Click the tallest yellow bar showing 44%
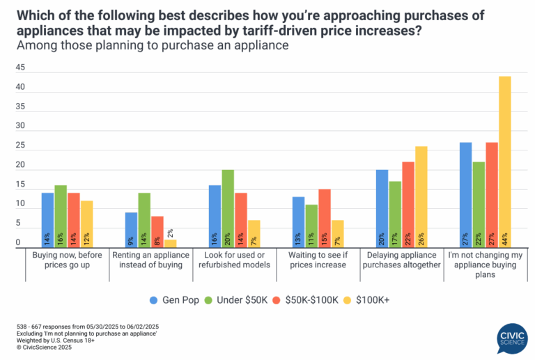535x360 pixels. click(x=505, y=161)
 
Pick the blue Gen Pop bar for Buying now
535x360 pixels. click(x=47, y=219)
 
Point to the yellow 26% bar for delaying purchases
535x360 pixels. click(x=421, y=196)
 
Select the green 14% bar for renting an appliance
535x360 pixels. click(x=144, y=219)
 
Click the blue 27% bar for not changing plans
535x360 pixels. click(x=465, y=194)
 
